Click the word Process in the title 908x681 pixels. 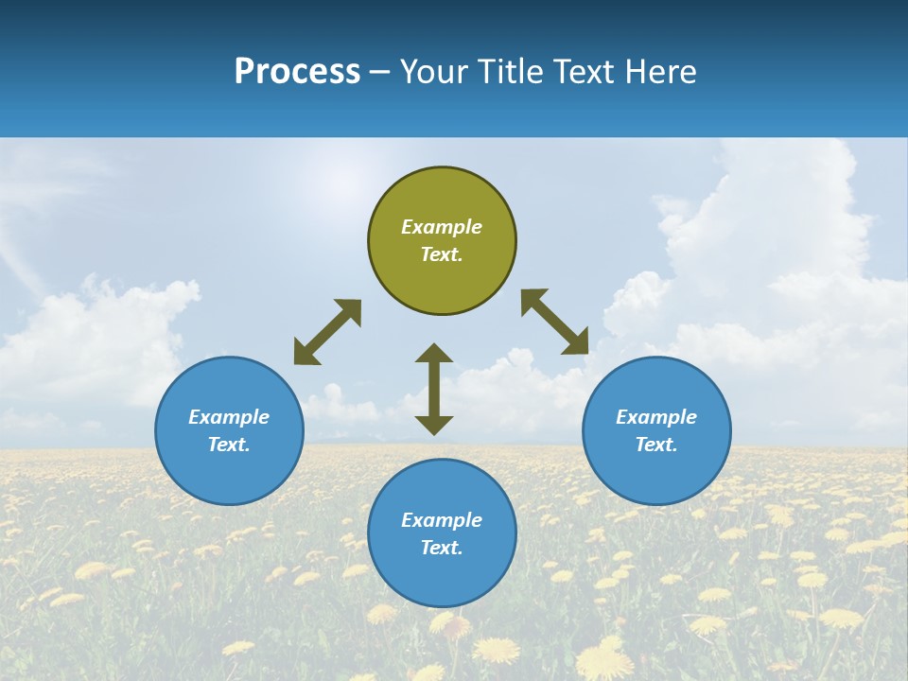[297, 72]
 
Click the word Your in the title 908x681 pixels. [435, 72]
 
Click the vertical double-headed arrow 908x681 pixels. [434, 389]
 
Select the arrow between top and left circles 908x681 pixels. [327, 332]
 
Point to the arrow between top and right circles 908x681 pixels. [555, 322]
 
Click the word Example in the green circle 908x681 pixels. [442, 227]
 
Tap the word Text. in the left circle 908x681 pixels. [229, 445]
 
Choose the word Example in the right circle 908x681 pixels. [656, 417]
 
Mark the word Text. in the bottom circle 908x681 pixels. [442, 548]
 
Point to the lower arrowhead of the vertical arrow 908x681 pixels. [434, 425]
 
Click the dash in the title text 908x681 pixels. [380, 72]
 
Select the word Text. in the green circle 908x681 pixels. [442, 254]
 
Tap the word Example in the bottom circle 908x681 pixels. [442, 520]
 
